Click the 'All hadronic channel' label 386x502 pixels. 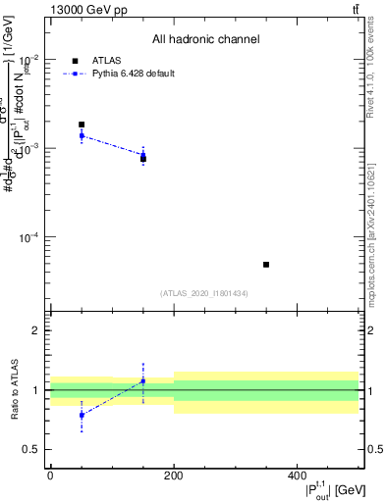[205, 40]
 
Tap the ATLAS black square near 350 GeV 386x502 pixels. [266, 265]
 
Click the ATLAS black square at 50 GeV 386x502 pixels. [82, 125]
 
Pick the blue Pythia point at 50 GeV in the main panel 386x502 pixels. [82, 135]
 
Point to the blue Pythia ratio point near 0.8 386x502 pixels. [82, 415]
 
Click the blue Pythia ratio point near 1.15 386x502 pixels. [143, 380]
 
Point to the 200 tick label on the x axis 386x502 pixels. [174, 476]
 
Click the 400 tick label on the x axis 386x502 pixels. [297, 476]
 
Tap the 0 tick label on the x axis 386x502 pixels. [50, 476]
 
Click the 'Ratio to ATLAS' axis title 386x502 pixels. [14, 388]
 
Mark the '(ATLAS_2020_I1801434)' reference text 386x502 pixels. [204, 293]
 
